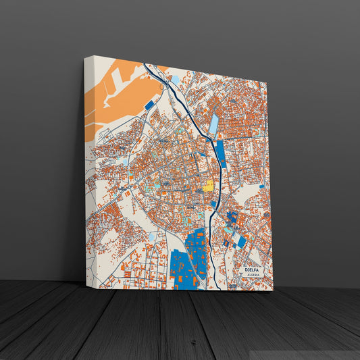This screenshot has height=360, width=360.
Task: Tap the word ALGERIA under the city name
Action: pyautogui.click(x=253, y=276)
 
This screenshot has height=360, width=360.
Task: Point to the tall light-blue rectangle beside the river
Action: pyautogui.click(x=214, y=124)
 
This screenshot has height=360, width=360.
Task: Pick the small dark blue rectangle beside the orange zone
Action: pyautogui.click(x=149, y=105)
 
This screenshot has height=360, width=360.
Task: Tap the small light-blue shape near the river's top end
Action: pyautogui.click(x=175, y=79)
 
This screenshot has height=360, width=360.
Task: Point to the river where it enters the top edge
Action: pyautogui.click(x=145, y=65)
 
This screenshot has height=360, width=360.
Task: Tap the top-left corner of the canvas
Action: pyautogui.click(x=86, y=57)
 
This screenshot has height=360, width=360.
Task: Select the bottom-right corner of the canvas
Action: pyautogui.click(x=273, y=290)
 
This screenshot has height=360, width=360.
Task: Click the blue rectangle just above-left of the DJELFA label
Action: pyautogui.click(x=241, y=241)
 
